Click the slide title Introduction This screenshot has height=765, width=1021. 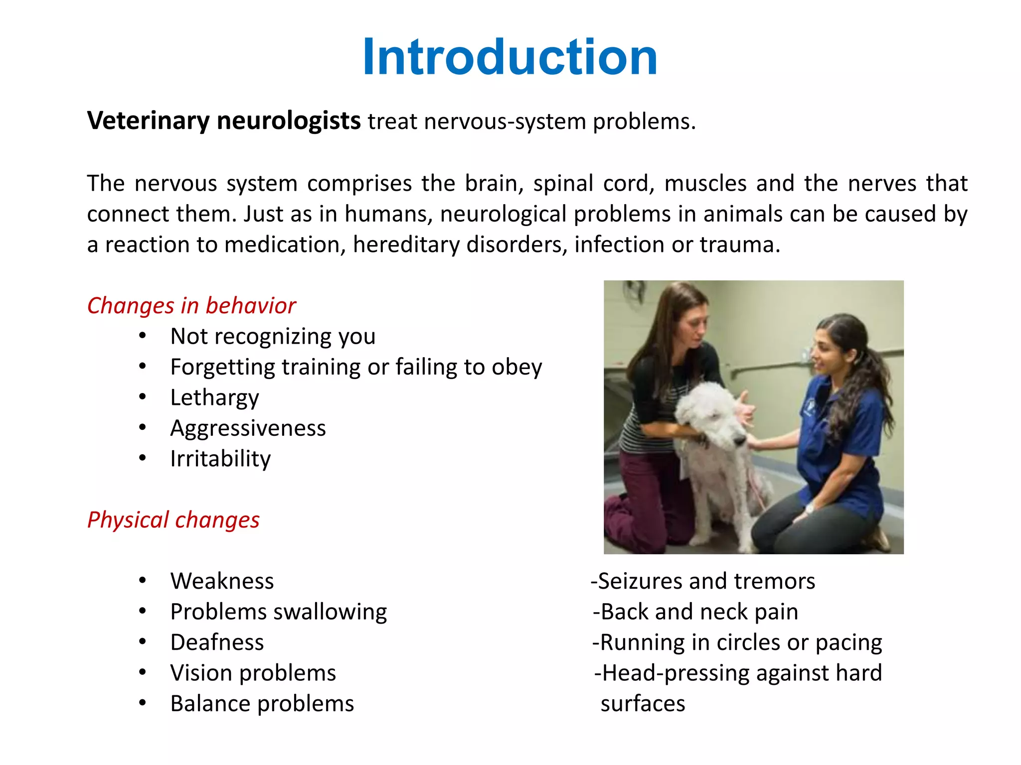(x=510, y=57)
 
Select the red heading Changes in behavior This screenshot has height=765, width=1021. (x=191, y=305)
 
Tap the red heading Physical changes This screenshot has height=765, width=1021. (x=173, y=519)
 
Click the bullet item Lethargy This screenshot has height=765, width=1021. (x=214, y=397)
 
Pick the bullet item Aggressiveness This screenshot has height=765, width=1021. (x=248, y=428)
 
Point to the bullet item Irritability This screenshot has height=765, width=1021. (x=220, y=459)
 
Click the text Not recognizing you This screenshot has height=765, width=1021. (x=273, y=336)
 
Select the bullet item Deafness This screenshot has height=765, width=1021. (x=217, y=642)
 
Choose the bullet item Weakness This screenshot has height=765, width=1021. (x=222, y=581)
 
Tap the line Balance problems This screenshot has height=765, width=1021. (x=262, y=703)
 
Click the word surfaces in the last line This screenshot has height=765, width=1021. (x=643, y=703)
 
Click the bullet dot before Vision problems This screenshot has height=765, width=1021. (x=143, y=672)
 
